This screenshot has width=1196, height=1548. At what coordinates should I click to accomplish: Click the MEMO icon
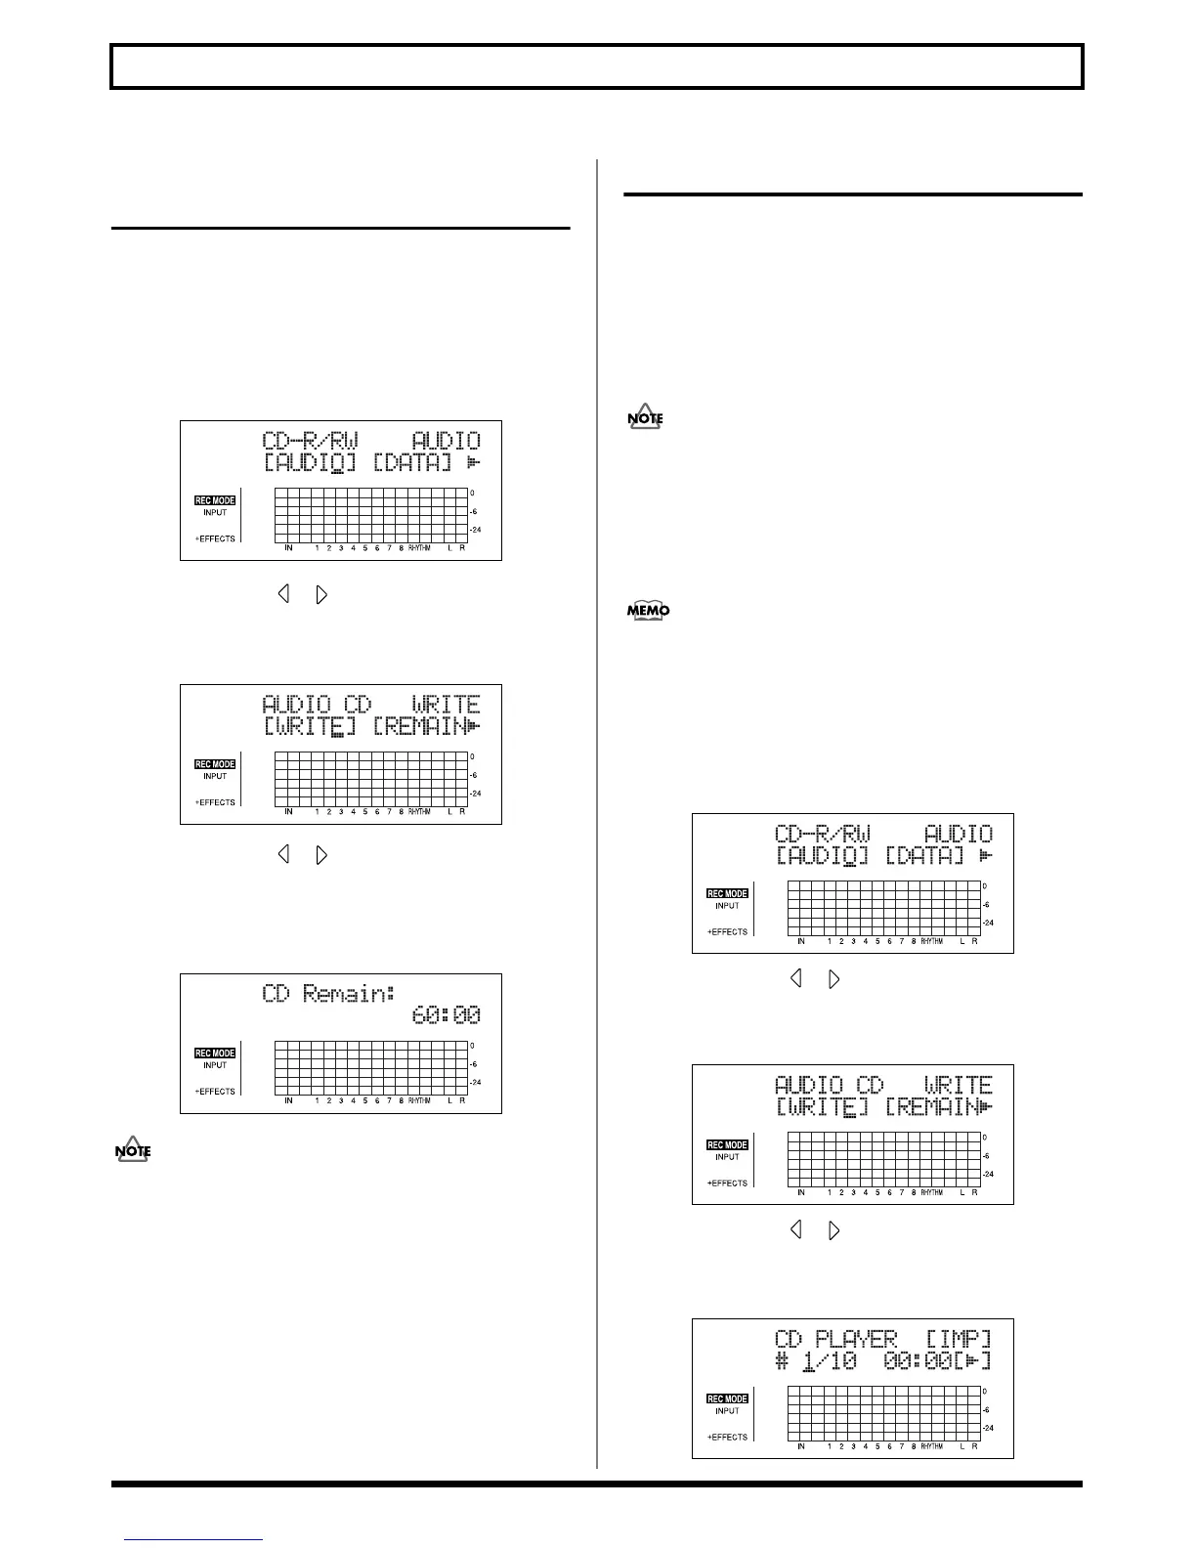coord(648,611)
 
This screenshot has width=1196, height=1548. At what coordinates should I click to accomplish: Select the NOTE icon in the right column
coord(646,418)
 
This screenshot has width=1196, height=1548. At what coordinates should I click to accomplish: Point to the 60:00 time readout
coord(446,1016)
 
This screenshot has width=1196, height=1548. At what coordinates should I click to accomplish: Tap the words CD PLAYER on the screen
coord(836,1339)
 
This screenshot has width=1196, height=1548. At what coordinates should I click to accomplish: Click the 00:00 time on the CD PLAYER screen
coord(917,1360)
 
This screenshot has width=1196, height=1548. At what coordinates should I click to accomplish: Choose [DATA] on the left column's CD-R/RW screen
coord(412,463)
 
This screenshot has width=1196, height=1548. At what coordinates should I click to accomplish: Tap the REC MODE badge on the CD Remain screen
coord(215,1053)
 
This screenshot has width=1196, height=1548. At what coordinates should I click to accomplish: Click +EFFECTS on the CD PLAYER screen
coord(727,1437)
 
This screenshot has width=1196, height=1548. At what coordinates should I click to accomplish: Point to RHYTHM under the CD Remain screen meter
coord(419,1100)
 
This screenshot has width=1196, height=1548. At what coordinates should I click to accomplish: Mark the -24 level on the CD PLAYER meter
coord(988,1428)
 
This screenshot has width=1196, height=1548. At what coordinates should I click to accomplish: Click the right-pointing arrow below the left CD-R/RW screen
coord(321,593)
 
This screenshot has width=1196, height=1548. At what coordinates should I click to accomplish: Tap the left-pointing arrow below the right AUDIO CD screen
coord(795,1229)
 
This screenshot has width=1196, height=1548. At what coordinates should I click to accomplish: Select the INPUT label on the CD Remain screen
coord(215,1065)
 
